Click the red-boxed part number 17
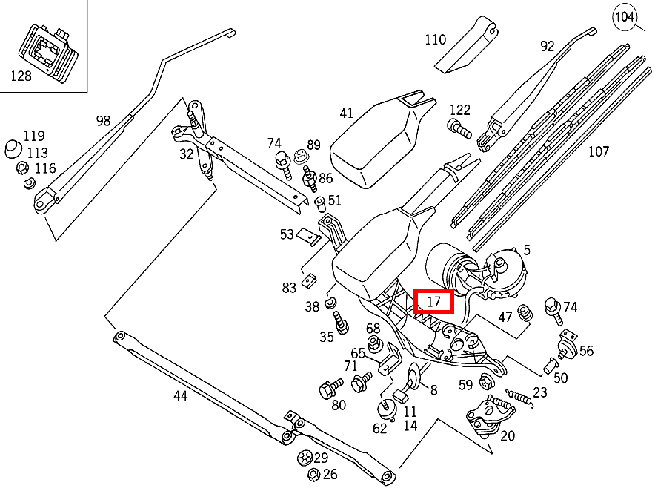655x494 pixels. coord(434,302)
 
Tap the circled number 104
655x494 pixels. coord(625,16)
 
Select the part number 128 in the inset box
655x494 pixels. coord(21,76)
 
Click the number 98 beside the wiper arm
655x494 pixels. coord(103,121)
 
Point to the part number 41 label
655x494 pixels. coord(346,113)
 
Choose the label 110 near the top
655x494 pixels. coord(435,39)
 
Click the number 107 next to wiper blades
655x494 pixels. coord(598,151)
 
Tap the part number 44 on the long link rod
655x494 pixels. coord(180,395)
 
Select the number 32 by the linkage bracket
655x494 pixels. coord(186,154)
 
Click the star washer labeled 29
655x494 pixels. coord(304,458)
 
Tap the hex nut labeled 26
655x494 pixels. coord(313,475)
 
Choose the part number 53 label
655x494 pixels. coord(287,234)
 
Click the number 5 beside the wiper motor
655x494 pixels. coord(527,250)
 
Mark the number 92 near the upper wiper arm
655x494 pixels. coord(547,46)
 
